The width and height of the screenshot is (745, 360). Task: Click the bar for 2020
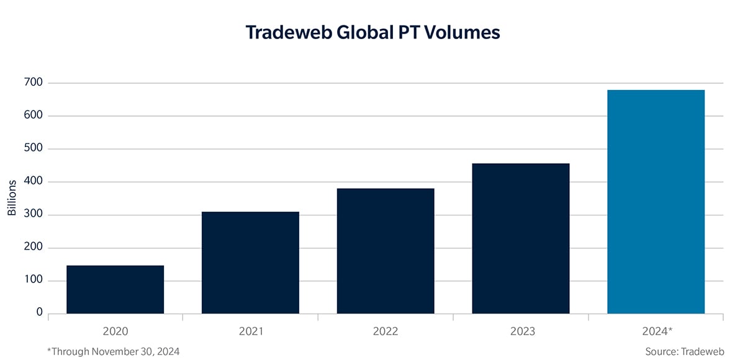(x=115, y=289)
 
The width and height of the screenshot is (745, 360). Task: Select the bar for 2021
(x=250, y=263)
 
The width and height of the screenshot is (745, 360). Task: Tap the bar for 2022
(x=386, y=251)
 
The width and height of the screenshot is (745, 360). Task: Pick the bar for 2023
(x=520, y=238)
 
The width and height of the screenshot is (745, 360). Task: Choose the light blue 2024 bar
(x=656, y=202)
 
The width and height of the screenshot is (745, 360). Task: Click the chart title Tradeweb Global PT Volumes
(x=372, y=32)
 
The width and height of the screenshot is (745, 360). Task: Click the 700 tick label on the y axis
(x=34, y=83)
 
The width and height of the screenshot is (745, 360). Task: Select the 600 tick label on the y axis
(x=34, y=115)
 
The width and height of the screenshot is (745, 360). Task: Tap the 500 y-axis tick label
(x=34, y=149)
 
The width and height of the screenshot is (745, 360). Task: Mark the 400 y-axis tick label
(x=34, y=182)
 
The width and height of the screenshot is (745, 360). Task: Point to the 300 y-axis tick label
(x=34, y=215)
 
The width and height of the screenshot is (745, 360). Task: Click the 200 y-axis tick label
(x=34, y=248)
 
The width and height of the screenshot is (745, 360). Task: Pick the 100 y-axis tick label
(x=34, y=281)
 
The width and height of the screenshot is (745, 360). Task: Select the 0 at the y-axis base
(x=39, y=313)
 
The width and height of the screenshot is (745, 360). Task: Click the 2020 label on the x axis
(x=115, y=331)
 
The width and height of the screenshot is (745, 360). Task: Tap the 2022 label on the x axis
(x=386, y=331)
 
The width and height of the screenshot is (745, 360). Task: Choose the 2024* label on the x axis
(x=656, y=331)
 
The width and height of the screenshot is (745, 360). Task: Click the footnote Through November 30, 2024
(x=113, y=351)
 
